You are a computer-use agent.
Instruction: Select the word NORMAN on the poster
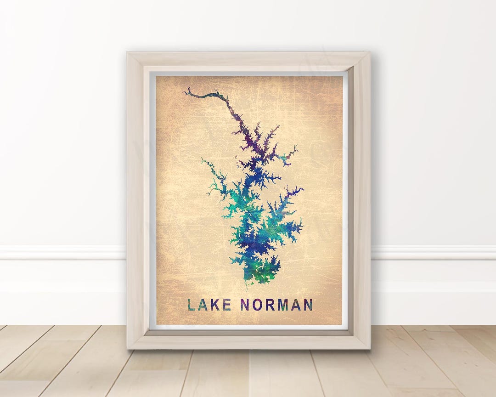[276, 305]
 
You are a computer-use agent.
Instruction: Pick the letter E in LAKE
[227, 305]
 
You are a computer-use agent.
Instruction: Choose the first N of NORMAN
[245, 305]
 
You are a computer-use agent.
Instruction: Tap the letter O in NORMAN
[257, 305]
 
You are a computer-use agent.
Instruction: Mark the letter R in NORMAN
[270, 305]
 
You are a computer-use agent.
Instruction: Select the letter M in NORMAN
[283, 305]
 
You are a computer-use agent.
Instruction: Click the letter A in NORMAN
[296, 305]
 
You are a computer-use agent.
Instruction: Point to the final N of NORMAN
[308, 305]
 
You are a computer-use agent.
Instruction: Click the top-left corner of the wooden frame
[128, 53]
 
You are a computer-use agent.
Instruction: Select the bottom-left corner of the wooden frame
[128, 348]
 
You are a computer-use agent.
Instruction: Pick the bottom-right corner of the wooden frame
[369, 348]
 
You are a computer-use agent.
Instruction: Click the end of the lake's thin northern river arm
[184, 91]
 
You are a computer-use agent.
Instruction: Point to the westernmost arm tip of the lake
[202, 160]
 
